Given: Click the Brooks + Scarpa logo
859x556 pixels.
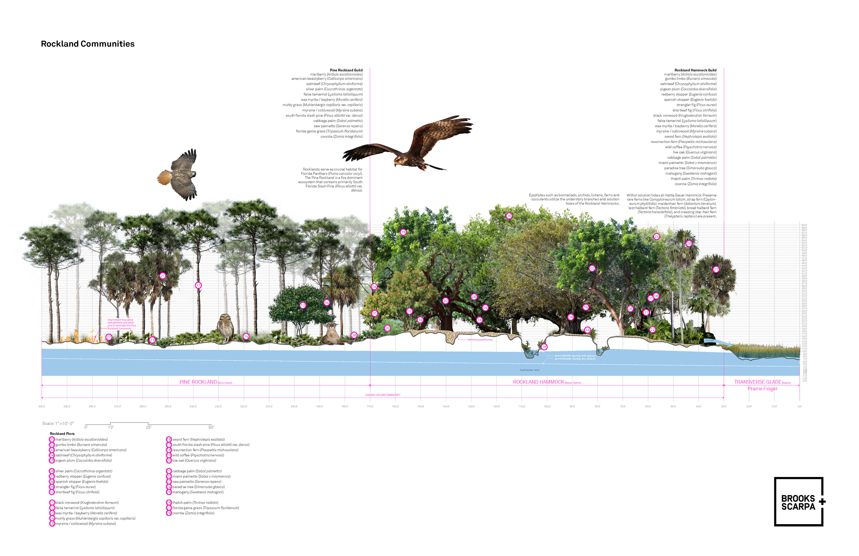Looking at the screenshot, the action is (799, 502).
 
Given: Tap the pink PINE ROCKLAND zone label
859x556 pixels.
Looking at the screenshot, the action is (198, 382).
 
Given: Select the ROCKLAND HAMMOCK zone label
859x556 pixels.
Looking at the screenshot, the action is (538, 382).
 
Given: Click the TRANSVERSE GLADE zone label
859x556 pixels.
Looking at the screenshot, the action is (758, 382).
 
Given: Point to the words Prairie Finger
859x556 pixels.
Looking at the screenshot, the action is (762, 389).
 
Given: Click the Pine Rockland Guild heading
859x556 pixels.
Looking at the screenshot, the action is (346, 70).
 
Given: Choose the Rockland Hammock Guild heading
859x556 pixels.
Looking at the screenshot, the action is (695, 70).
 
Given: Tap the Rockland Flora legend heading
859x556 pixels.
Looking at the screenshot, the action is (62, 434).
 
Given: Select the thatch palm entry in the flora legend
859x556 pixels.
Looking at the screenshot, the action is (195, 503).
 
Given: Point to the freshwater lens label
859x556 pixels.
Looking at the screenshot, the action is (529, 370).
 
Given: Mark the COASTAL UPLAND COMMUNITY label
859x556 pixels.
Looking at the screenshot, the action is (383, 395).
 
